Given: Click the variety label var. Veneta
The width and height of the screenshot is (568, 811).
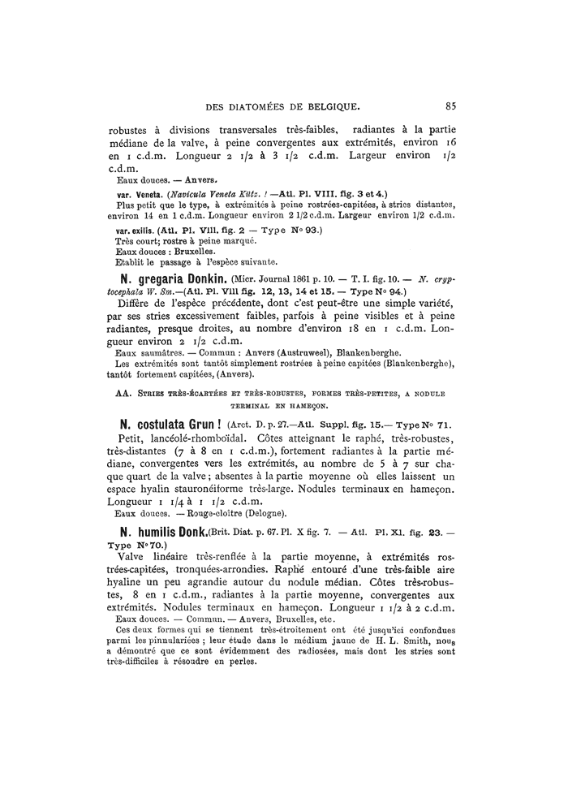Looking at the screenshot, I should click(136, 194).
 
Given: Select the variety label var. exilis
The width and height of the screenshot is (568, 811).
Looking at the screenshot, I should click(136, 231).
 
